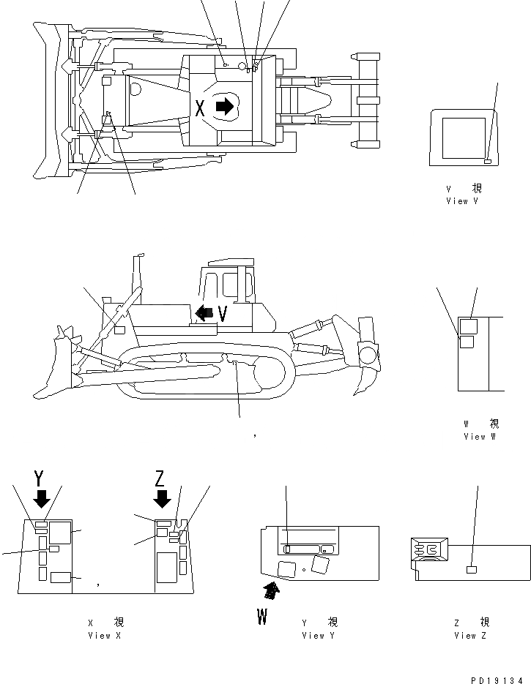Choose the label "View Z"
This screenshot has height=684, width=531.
point(465,636)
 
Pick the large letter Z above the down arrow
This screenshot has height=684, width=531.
point(162,479)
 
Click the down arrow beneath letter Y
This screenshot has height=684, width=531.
point(42,499)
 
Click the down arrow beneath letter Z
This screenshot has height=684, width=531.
point(163,499)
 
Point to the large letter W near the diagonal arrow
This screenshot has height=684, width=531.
point(261,616)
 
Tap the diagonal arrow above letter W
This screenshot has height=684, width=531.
point(272,590)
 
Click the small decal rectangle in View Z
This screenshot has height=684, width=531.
point(472,569)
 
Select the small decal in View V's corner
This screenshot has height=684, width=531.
point(488,160)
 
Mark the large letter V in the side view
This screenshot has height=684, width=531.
point(223,314)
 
